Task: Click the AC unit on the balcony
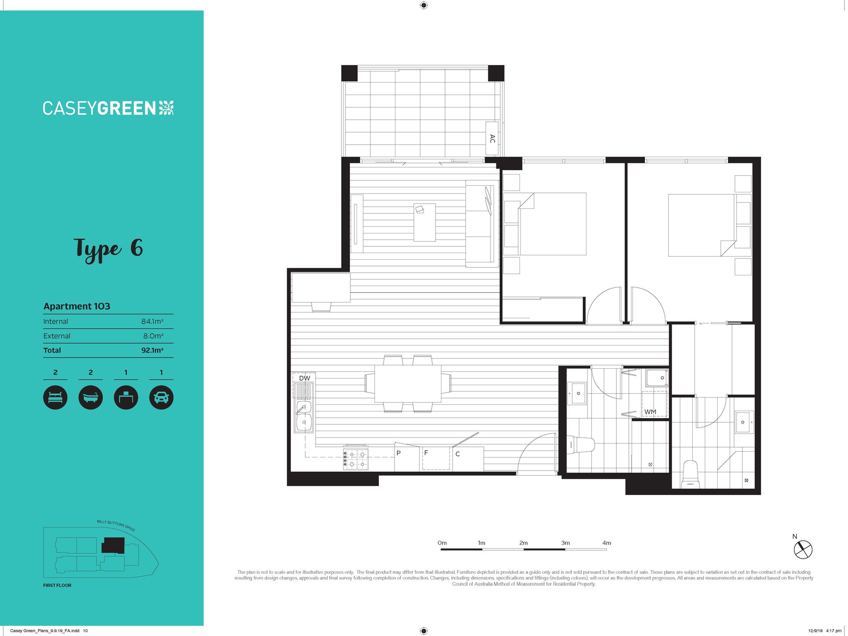492,139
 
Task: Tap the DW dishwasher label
305,378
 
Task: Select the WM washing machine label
650,412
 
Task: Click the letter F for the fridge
426,453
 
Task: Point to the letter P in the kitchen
399,453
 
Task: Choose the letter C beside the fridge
457,454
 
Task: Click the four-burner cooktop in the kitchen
356,459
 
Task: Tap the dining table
408,384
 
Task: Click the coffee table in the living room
424,222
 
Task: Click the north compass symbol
803,549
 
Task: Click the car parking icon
161,397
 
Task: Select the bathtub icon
91,397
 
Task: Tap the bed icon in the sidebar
55,397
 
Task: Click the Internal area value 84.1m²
152,321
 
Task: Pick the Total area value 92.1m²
152,350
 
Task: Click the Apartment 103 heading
77,306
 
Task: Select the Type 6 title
108,249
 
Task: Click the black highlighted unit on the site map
113,545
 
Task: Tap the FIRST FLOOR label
57,585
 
